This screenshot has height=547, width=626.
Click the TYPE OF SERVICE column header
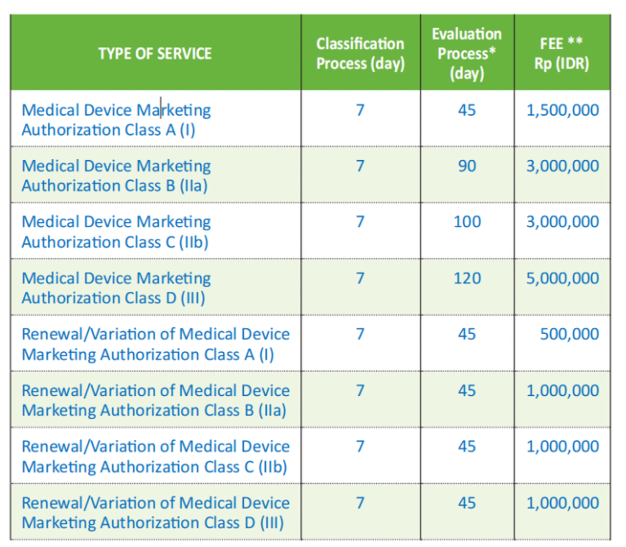pyautogui.click(x=155, y=54)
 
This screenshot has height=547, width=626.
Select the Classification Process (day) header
pyautogui.click(x=361, y=54)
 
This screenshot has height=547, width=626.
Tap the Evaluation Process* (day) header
pyautogui.click(x=467, y=54)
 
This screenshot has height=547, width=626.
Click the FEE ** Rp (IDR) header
pyautogui.click(x=562, y=54)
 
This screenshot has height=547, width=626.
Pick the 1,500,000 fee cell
pyautogui.click(x=562, y=110)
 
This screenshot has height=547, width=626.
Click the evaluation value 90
pyautogui.click(x=467, y=166)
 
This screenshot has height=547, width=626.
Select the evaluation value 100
pyautogui.click(x=467, y=222)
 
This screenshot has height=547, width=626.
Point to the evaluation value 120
pyautogui.click(x=467, y=278)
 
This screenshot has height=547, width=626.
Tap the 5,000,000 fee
pyautogui.click(x=562, y=278)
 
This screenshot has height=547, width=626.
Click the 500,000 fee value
pyautogui.click(x=570, y=335)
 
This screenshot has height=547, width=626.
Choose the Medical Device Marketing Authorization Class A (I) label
pyautogui.click(x=116, y=120)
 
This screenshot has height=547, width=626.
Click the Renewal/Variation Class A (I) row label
pyautogui.click(x=156, y=345)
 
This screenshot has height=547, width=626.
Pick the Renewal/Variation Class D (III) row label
pyautogui.click(x=156, y=513)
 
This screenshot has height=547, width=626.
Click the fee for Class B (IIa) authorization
pyautogui.click(x=562, y=167)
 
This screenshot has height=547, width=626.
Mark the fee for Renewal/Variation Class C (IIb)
pyautogui.click(x=562, y=447)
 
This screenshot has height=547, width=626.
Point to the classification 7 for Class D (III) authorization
pyautogui.click(x=360, y=278)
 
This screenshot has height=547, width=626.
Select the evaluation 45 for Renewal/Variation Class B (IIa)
pyautogui.click(x=467, y=391)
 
